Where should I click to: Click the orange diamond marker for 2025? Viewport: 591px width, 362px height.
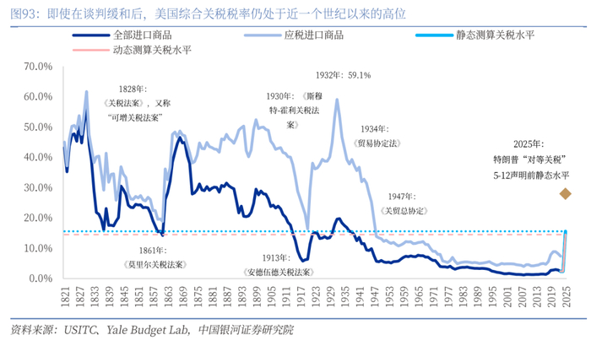pyautogui.click(x=565, y=195)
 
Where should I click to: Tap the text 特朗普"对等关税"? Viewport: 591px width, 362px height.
pyautogui.click(x=531, y=159)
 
